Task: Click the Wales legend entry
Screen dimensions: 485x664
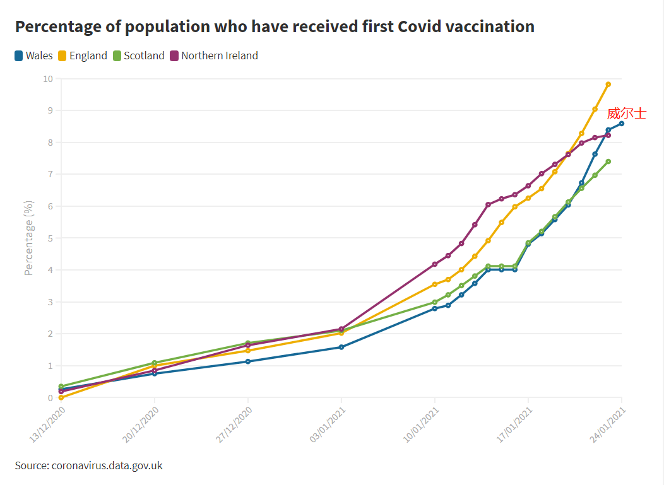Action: coord(33,56)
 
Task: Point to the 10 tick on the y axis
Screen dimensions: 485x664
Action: coord(48,79)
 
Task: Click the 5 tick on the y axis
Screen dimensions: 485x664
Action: coord(50,238)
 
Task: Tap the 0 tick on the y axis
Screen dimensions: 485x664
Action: coord(50,398)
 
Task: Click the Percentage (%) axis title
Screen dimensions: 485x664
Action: coord(28,238)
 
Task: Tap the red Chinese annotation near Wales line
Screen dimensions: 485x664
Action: coord(627,114)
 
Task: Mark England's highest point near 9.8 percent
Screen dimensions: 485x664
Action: coord(608,84)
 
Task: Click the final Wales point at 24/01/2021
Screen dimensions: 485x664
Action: coord(622,124)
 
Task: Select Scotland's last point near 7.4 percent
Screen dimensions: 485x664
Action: coord(608,161)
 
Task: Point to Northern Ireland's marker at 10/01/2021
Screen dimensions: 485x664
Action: coord(435,264)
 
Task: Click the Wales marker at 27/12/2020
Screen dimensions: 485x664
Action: coord(248,361)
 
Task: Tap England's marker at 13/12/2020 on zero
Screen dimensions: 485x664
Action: coord(61,397)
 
